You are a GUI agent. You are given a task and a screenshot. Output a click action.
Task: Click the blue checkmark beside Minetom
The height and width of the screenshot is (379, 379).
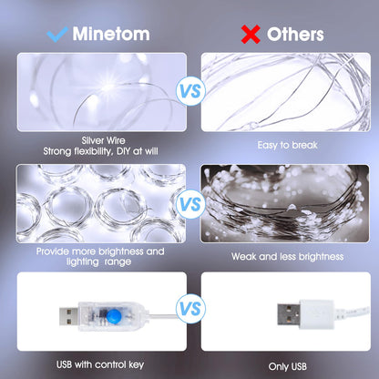(58, 35)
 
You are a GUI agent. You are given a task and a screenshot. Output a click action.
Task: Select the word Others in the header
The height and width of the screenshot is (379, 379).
(294, 35)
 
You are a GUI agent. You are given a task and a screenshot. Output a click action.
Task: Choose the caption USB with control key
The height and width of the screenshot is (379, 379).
(99, 364)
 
